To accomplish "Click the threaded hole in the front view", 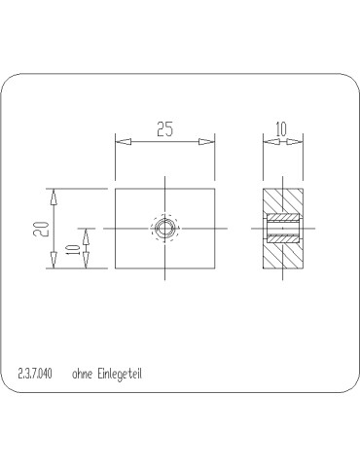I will tap(164, 229).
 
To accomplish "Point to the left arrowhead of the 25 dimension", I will tap(123, 142).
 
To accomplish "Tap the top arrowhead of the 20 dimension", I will tap(54, 195).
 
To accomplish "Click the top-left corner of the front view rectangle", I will tap(116, 188).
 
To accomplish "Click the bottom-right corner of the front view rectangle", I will tap(213, 269).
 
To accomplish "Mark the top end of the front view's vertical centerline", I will tap(164, 176).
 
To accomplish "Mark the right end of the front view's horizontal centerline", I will tap(227, 229).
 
